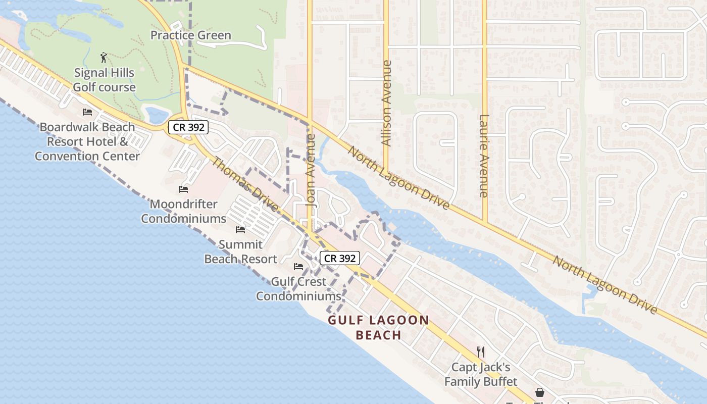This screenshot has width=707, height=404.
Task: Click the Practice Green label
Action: pos(191,35)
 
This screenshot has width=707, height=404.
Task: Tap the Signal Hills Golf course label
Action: pos(104,80)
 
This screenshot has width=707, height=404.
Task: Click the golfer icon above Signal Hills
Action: pos(104,57)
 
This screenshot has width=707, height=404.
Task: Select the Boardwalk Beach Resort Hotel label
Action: pos(87,141)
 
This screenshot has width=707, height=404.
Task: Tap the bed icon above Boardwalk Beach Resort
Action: pos(87,112)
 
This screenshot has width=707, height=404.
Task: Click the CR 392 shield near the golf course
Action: pos(188,127)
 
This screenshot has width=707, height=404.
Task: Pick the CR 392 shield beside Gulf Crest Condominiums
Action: pos(340,258)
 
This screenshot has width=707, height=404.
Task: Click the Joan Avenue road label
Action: pos(311,170)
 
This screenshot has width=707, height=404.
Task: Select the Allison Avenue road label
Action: pos(387,104)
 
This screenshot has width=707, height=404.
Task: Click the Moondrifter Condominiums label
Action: pos(183,212)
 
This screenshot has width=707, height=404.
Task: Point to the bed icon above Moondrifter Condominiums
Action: pos(183,189)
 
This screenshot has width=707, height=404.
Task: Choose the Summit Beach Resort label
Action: pos(240,251)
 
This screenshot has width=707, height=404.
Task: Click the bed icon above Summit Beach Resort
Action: pos(240,230)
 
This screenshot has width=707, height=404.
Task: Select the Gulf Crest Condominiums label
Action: pos(298,289)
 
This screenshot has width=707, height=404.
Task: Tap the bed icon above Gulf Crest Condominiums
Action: pos(298,266)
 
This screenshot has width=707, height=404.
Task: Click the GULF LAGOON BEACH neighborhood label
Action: pos(379,327)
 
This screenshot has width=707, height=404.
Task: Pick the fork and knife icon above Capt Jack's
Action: pos(481,351)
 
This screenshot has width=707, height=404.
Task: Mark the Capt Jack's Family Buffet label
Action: pos(481,374)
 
